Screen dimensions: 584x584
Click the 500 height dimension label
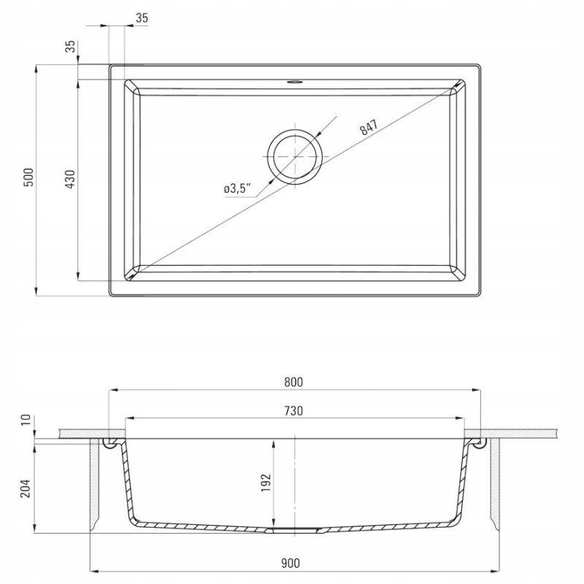28,177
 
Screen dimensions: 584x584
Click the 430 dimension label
70,179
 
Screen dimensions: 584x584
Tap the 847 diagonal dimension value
369,127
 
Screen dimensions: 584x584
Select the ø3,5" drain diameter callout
237,188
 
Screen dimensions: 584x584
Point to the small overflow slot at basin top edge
295,82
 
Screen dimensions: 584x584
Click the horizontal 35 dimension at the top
142,18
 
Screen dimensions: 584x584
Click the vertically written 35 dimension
70,46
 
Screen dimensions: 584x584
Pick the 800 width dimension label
293,382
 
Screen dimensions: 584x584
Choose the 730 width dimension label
293,411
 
